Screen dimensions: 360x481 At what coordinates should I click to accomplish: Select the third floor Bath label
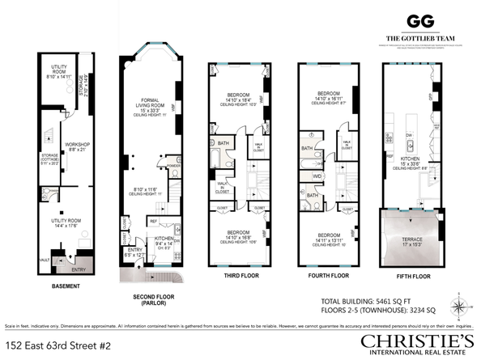click(x=223, y=145)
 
